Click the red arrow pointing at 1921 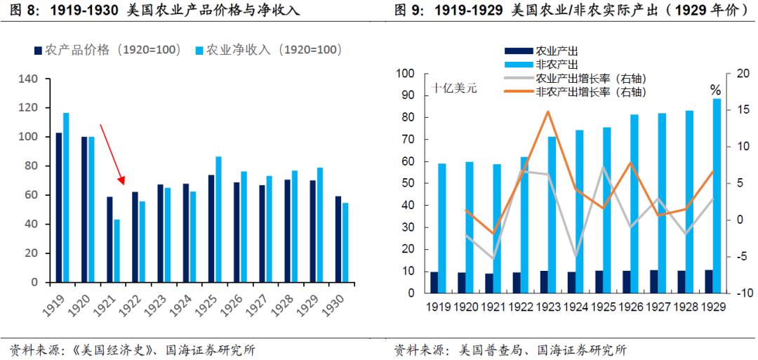112,154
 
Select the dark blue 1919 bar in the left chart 59,207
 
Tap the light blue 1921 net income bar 116,251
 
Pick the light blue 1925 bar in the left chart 218,219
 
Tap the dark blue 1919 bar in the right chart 434,282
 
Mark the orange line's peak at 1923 547,112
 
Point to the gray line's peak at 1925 603,167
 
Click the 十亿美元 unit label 454,89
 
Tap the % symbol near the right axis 715,90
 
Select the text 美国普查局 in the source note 491,349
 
